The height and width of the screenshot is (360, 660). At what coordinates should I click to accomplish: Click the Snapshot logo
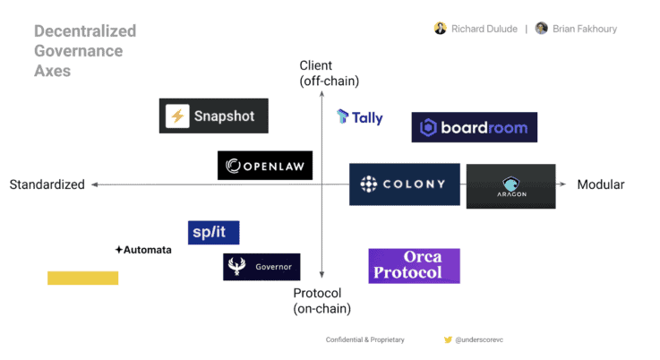coord(213,116)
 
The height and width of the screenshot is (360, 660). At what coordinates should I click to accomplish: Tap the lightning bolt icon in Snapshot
coord(177,116)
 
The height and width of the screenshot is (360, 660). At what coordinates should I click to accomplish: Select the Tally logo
coord(360,117)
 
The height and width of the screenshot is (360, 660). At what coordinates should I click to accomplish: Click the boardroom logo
coord(474,127)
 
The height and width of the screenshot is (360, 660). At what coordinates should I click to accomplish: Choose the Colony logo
coord(404,184)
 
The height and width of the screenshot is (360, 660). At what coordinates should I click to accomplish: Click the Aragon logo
coord(510,185)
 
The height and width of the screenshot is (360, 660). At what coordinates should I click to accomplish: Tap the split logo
coord(213,232)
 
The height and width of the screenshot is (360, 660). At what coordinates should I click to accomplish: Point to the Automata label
coord(143,250)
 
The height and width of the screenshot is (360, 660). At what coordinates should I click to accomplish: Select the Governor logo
coord(261,266)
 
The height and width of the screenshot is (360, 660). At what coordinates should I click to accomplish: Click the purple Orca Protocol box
coord(414,266)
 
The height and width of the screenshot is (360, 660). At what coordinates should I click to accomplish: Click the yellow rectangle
coord(82,278)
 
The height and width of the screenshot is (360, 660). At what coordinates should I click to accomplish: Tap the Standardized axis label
coord(47,184)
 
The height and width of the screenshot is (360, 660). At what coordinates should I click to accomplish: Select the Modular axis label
coord(600,184)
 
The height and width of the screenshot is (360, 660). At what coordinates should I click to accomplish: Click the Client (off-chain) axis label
coord(329,73)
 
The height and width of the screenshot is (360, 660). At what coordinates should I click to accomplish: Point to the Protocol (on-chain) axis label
coord(321,300)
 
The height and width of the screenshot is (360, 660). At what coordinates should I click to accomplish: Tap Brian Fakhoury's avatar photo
coord(541,29)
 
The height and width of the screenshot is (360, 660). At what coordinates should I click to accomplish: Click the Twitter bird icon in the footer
coord(448,340)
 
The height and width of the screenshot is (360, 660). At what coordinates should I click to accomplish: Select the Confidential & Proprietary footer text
coord(364,340)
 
